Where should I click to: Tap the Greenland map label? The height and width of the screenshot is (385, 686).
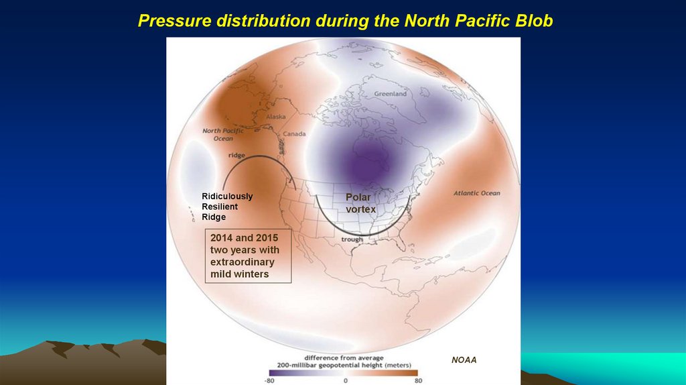[390, 94]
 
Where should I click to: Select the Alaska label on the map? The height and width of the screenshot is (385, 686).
[276, 116]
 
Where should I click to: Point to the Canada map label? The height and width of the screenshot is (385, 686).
[294, 133]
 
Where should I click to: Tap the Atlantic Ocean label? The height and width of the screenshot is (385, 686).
[476, 193]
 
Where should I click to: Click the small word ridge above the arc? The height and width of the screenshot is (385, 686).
[236, 155]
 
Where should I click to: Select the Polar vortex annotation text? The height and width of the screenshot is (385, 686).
[360, 203]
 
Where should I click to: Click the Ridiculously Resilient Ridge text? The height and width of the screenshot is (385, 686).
[227, 207]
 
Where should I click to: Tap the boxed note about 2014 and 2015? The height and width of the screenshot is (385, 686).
[248, 256]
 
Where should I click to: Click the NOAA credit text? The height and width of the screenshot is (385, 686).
[464, 360]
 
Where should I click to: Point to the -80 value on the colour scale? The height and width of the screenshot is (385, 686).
[269, 380]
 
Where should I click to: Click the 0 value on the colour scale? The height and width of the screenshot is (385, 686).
[346, 380]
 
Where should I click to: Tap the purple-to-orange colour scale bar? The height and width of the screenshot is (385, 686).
[343, 372]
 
